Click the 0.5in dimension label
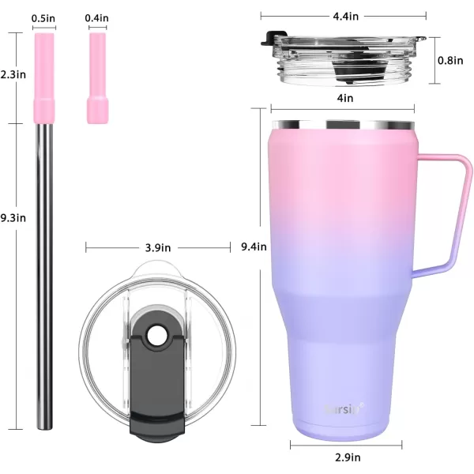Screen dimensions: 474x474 tap(43, 18)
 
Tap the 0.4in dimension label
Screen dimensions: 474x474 tap(96, 18)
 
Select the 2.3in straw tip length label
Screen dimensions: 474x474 tap(13, 74)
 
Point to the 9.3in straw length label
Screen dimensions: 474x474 tap(13, 218)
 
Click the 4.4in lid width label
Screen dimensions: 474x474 tap(346, 16)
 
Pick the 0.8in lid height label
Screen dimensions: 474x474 tap(450, 61)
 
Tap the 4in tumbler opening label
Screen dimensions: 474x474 tap(345, 98)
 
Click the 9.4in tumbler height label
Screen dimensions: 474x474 tap(254, 246)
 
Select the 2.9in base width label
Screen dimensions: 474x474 tap(348, 457)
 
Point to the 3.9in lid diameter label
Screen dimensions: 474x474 tap(158, 248)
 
